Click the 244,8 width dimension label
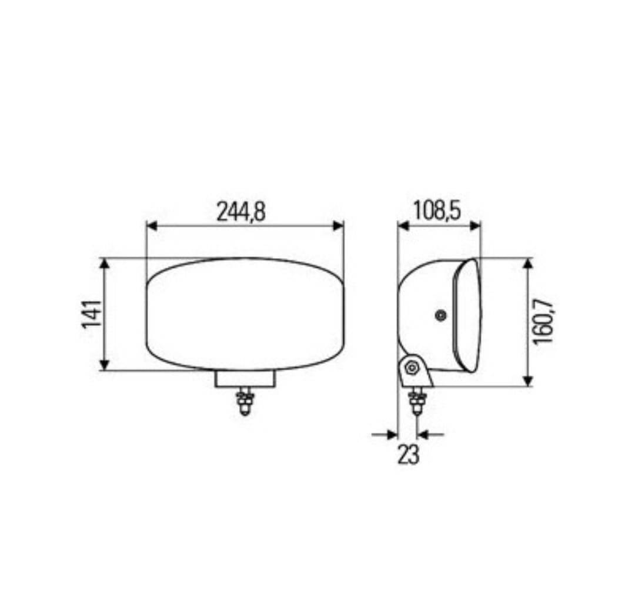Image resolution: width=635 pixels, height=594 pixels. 241,212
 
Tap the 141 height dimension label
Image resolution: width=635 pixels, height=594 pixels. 92,314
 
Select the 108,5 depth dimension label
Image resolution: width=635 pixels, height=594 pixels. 436,211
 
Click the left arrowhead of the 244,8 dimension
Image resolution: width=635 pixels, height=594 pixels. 152,226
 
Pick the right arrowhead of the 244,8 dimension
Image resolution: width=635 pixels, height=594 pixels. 338,226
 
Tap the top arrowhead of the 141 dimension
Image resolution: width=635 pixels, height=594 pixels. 105,263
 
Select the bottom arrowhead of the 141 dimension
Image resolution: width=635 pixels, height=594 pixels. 105,365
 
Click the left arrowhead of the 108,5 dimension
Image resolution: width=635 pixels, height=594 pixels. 403,226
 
